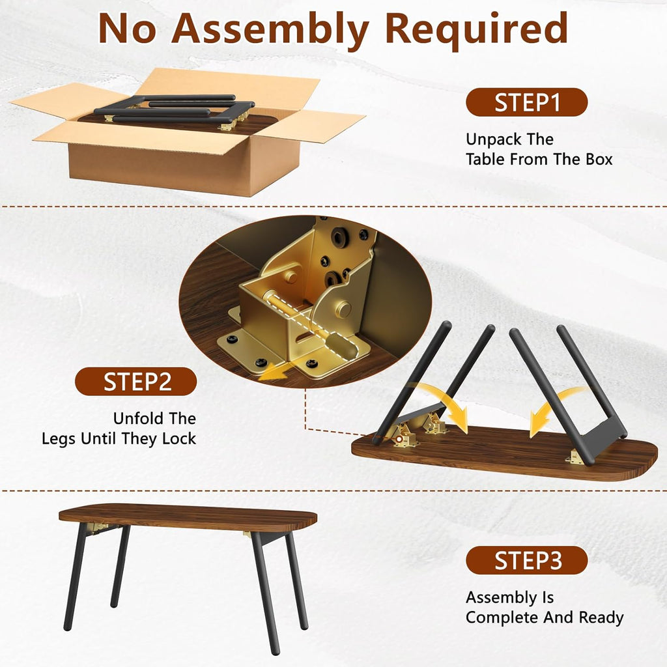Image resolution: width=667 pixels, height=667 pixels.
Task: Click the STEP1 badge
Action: pos(526,102)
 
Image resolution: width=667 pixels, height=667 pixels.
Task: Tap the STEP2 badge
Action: pos(135,382)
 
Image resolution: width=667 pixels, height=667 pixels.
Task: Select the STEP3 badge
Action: pos(526,560)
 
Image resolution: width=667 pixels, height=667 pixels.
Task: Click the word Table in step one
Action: pos(487,159)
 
